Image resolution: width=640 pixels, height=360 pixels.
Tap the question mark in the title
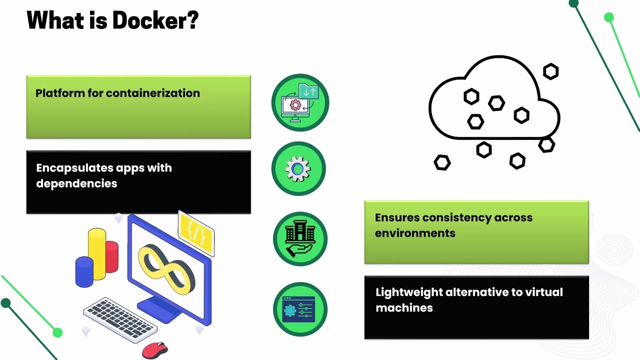point(193,20)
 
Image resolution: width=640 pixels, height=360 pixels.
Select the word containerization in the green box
point(153,93)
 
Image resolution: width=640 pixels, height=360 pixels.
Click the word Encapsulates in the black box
point(74,168)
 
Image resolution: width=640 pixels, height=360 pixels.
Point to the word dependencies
point(76,183)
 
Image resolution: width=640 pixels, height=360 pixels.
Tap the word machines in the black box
point(404,308)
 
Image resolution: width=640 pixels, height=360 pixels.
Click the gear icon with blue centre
point(298,169)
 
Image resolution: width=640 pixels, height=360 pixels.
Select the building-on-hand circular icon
point(300,239)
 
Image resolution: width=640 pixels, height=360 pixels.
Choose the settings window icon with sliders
point(300,309)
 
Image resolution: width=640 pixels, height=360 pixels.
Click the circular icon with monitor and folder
point(300,102)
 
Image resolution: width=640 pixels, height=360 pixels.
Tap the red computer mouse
point(155,350)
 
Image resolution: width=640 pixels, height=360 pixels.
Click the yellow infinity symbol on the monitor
point(166,269)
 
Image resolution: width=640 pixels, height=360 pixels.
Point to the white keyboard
point(120,319)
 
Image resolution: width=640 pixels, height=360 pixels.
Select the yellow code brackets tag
point(196,233)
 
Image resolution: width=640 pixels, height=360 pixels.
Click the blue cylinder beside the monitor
point(84,271)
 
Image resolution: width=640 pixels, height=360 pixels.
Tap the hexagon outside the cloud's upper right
point(551,71)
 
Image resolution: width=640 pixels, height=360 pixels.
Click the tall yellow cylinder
point(97,253)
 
